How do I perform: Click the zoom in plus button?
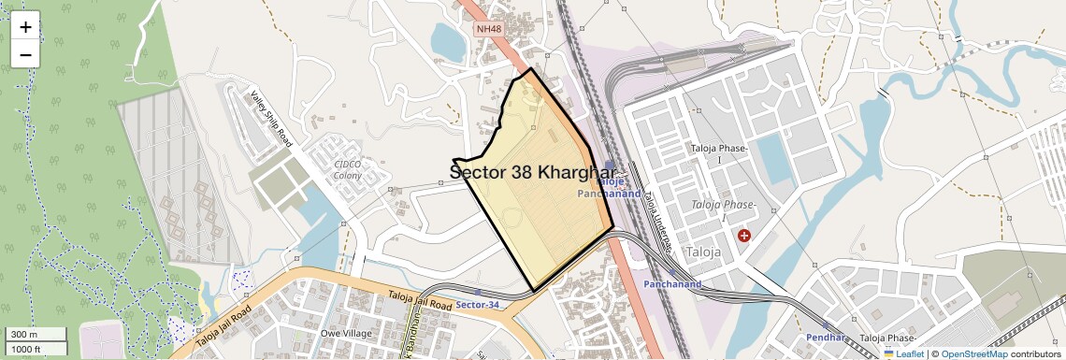click(x=25, y=26)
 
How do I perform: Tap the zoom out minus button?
click(x=25, y=54)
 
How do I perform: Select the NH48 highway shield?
click(x=488, y=29)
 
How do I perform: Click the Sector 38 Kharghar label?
click(x=533, y=173)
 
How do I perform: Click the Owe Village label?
click(x=346, y=333)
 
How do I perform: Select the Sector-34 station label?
click(x=479, y=305)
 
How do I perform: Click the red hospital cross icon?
click(x=744, y=236)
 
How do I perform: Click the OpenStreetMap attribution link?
click(x=973, y=353)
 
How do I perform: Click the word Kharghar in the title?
click(x=578, y=173)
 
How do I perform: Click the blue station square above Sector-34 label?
click(x=479, y=293)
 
